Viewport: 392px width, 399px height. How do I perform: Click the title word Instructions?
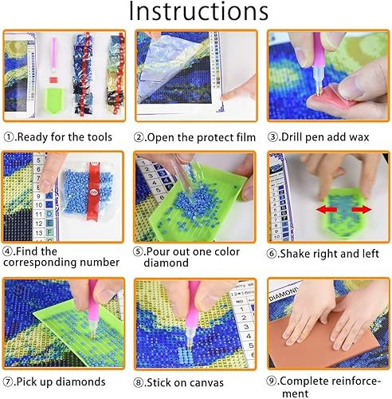[x=198, y=14]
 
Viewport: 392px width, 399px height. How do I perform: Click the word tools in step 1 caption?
[x=108, y=137]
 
